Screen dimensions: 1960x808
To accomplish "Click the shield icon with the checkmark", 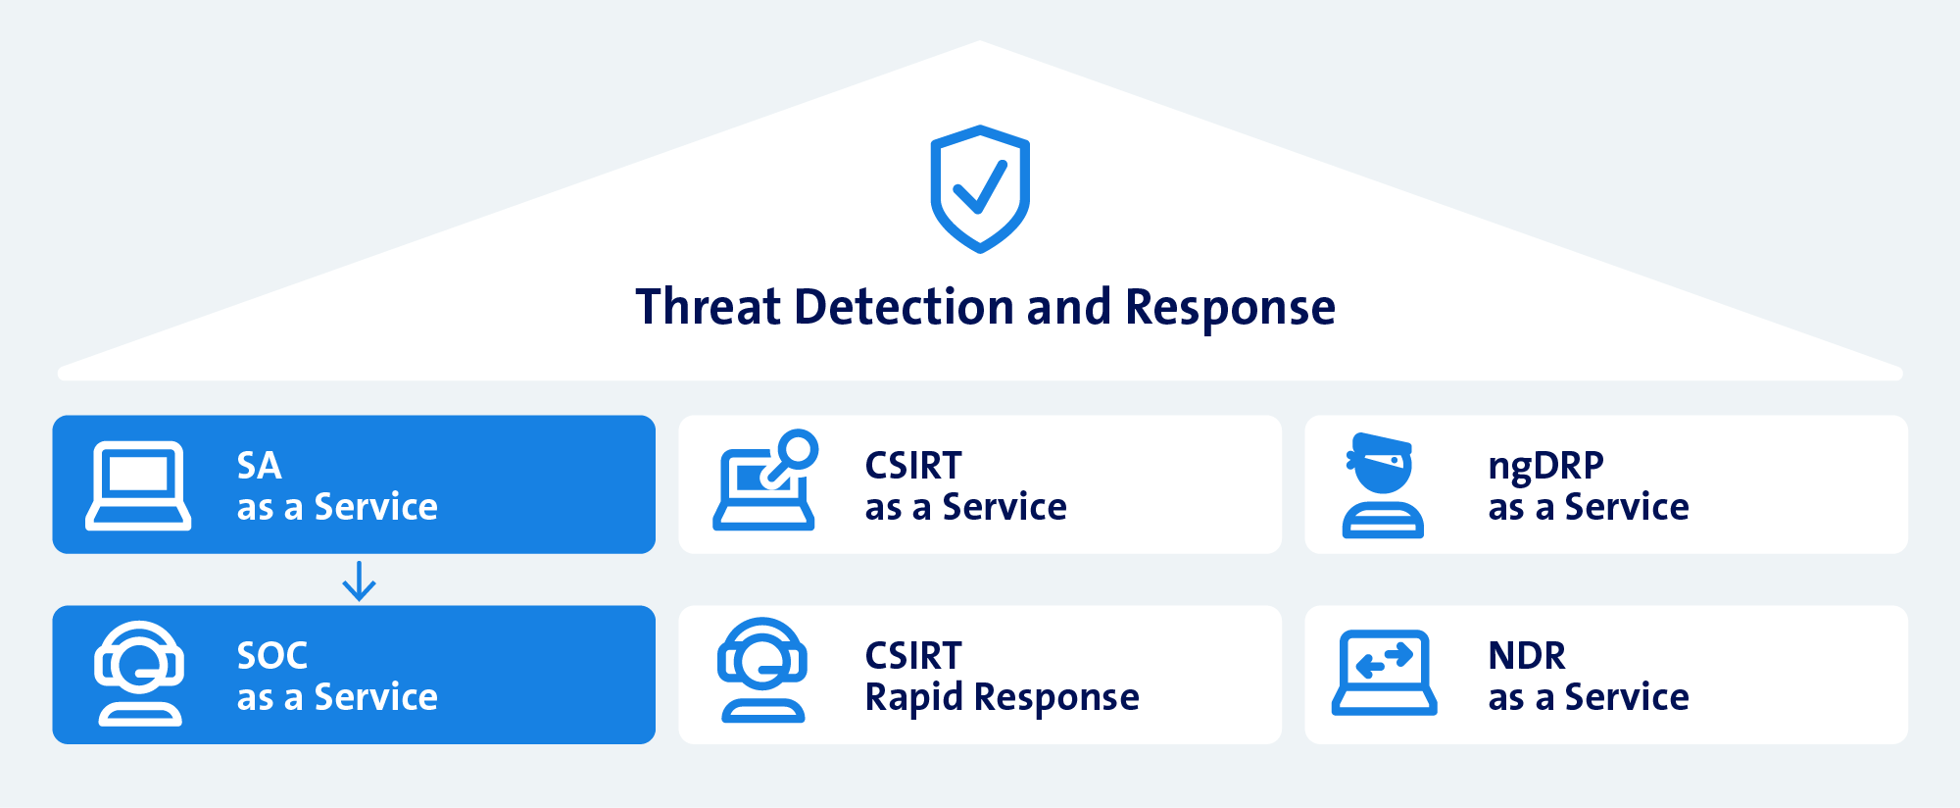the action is pyautogui.click(x=980, y=188).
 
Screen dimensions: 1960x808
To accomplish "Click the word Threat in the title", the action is pyautogui.click(x=709, y=307).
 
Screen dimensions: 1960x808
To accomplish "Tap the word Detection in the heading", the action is pyautogui.click(x=904, y=307).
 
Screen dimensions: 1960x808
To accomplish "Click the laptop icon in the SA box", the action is pyautogui.click(x=138, y=485).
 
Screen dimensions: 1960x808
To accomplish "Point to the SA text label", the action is pyautogui.click(x=260, y=466).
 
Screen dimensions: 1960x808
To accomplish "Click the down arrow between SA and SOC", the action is pyautogui.click(x=359, y=581).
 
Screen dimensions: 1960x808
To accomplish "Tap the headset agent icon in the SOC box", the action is pyautogui.click(x=139, y=674).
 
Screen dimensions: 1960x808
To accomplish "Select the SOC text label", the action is pyautogui.click(x=272, y=656).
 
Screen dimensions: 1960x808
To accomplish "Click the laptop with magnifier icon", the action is pyautogui.click(x=765, y=480).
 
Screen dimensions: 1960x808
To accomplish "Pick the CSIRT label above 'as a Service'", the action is pyautogui.click(x=913, y=466).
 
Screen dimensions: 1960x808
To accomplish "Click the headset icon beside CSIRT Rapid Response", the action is pyautogui.click(x=762, y=670).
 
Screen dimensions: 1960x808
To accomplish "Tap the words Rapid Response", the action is pyautogui.click(x=1003, y=698).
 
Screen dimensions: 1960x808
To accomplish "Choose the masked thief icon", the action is pyautogui.click(x=1382, y=485).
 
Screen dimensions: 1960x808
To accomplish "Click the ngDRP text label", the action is pyautogui.click(x=1546, y=467).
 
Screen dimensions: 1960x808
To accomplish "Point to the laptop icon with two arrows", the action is pyautogui.click(x=1384, y=673).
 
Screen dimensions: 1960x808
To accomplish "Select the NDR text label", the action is pyautogui.click(x=1527, y=656).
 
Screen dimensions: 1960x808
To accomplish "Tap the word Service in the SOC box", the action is pyautogui.click(x=375, y=697).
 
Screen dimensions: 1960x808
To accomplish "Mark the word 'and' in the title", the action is pyautogui.click(x=1069, y=307).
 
